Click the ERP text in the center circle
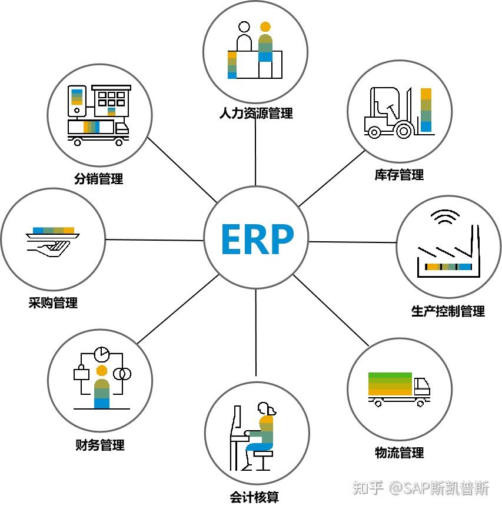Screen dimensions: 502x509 coord(257,239)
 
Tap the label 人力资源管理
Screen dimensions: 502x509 coord(255,113)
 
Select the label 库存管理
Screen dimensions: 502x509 coord(399,175)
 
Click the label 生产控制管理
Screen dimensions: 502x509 coord(448,311)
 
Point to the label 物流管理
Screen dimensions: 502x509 coord(399,453)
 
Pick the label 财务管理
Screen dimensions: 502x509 coord(100,445)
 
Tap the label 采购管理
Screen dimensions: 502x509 coord(53,304)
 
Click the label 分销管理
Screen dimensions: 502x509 coord(99,179)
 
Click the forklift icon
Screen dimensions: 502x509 coord(389,114)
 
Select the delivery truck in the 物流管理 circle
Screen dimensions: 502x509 coord(398,388)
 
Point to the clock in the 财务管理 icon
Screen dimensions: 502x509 coord(102,354)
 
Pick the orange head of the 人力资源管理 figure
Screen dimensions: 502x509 coord(265,27)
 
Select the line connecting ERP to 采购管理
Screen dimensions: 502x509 coord(154,240)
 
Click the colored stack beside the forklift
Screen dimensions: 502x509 coord(426,110)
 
